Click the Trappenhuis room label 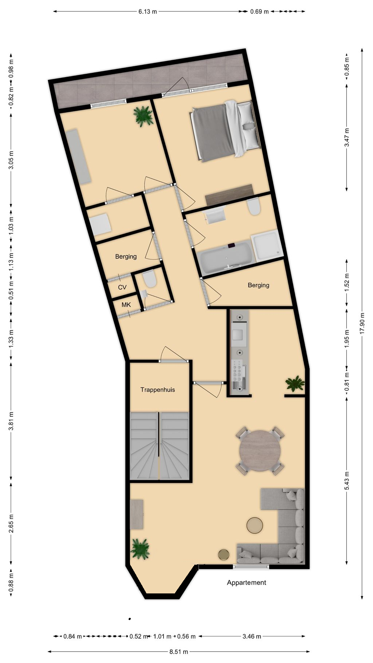coord(158,390)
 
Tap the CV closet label coord(122,287)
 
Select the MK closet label coord(126,305)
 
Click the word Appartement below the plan coord(247,582)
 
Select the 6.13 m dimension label coord(148,11)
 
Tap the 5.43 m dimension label coord(346,481)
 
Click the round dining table coord(260,451)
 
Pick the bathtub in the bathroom coord(226,258)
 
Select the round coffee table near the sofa coord(255,525)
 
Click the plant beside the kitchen coord(295,384)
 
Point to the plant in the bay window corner coord(140,549)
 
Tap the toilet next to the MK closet coord(149,279)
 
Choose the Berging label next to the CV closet coord(126,256)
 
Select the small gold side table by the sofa coord(224,555)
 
